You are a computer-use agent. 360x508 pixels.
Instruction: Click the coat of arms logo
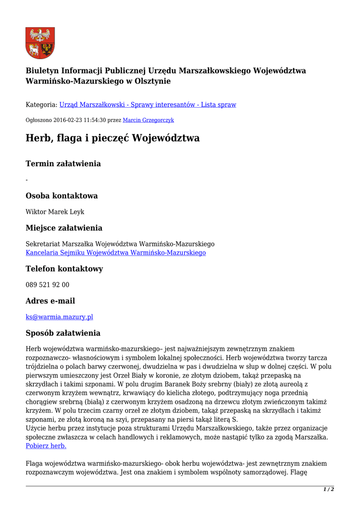[x=40, y=43]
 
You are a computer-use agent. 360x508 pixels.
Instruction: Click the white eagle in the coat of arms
[x=40, y=35]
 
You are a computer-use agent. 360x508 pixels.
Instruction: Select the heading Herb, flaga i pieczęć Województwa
[x=112, y=138]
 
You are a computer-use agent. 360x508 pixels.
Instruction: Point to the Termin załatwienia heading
[x=63, y=164]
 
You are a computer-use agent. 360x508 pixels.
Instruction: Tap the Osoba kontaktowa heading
[x=62, y=195]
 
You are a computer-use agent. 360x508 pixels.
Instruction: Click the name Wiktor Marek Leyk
[x=55, y=212]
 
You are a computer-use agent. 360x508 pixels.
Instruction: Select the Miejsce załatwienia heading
[x=64, y=228]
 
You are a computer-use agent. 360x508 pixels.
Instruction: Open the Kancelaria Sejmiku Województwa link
[x=116, y=253]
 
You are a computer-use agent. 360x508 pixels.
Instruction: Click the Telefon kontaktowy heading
[x=64, y=269]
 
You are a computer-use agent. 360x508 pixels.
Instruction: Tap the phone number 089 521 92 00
[x=48, y=285]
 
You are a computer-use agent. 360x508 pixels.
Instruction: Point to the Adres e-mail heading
[x=51, y=301]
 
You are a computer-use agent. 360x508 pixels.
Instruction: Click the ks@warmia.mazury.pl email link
[x=60, y=317]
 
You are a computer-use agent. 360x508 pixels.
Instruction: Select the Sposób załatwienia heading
[x=63, y=333]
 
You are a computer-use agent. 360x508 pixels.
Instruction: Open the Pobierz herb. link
[x=46, y=446]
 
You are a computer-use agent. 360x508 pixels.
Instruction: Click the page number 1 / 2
[x=328, y=490]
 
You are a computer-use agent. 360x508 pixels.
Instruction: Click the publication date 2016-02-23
[x=64, y=120]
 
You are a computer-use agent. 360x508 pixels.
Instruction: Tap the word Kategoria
[x=41, y=105]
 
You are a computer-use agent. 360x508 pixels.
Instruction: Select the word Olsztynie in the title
[x=152, y=81]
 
